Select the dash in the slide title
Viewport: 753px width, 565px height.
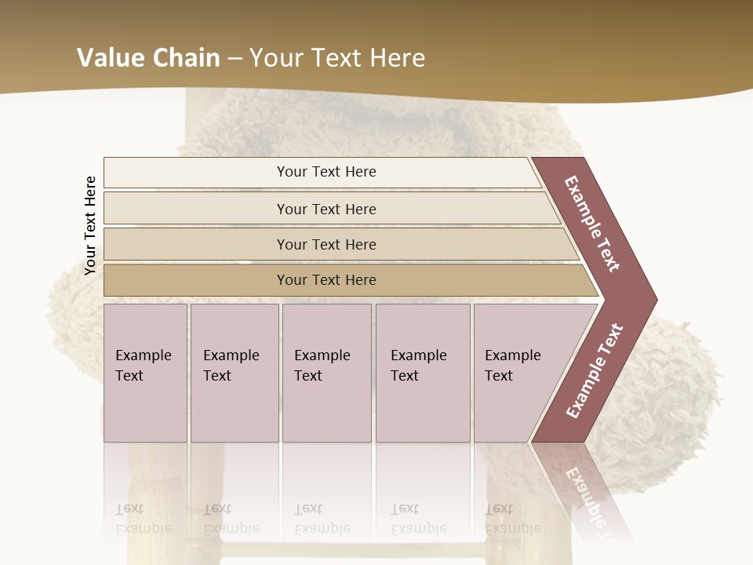click(x=235, y=59)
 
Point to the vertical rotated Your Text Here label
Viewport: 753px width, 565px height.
click(x=90, y=225)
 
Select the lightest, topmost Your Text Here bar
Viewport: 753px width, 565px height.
click(x=326, y=172)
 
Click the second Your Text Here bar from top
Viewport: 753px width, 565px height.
click(x=326, y=209)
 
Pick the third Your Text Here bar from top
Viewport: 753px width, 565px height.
click(x=326, y=244)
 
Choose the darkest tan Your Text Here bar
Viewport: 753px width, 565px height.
click(x=326, y=280)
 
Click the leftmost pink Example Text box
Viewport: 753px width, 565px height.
click(x=145, y=372)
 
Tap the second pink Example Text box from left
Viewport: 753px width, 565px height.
click(x=235, y=372)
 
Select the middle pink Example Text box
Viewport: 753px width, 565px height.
click(x=326, y=372)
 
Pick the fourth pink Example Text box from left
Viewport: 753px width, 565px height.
click(x=423, y=372)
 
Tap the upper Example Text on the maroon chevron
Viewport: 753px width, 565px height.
click(x=592, y=224)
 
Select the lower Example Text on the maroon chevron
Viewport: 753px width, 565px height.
click(x=595, y=371)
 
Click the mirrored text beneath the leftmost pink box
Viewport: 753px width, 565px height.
click(x=143, y=519)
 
